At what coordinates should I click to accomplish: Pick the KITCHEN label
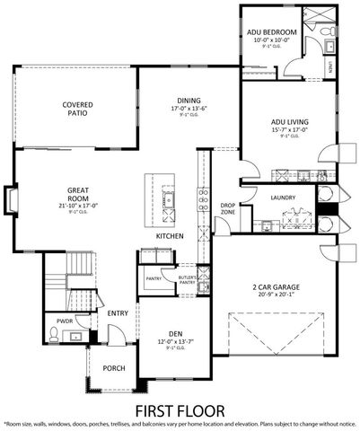tap(170, 236)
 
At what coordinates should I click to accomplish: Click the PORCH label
tap(113, 368)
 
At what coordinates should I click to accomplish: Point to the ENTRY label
tap(119, 313)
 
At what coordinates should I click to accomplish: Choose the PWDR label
tap(65, 319)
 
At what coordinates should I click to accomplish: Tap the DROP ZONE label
tap(228, 209)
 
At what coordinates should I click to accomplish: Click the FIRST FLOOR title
tap(179, 409)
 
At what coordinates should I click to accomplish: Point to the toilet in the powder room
tap(55, 336)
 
